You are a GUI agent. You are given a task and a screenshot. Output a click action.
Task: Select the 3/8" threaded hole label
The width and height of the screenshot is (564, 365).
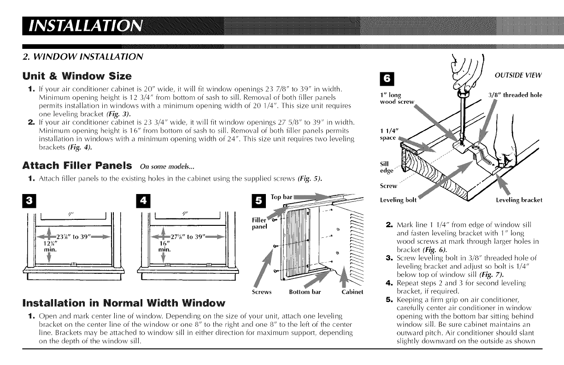point(515,95)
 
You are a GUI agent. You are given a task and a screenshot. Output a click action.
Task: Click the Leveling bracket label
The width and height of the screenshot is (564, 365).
point(519,200)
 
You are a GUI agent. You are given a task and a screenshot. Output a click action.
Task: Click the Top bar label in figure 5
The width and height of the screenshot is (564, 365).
point(281,197)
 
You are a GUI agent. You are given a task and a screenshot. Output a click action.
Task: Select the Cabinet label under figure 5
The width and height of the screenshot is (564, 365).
point(352,292)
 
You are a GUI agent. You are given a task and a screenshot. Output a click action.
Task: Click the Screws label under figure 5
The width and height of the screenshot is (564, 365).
point(262,292)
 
